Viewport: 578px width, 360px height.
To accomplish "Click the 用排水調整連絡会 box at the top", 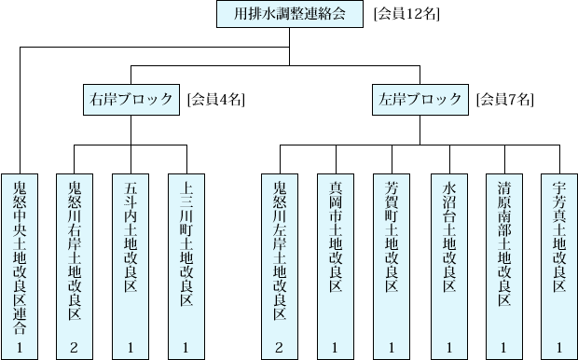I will (x=290, y=14).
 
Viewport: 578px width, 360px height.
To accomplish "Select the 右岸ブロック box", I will (x=131, y=98).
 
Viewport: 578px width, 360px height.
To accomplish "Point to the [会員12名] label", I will (x=406, y=14).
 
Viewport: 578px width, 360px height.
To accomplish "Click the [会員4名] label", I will (x=216, y=98).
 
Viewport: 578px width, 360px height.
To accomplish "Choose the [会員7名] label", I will (x=505, y=98).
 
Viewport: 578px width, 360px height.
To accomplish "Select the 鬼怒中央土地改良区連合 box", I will (x=20, y=252).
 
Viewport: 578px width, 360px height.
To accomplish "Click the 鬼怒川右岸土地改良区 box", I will (x=76, y=252).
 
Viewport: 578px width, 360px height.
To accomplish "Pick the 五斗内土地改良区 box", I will (x=131, y=252).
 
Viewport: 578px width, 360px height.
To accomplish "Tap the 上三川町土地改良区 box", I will (x=187, y=252).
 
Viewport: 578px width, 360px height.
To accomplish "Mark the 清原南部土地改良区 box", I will (x=504, y=252).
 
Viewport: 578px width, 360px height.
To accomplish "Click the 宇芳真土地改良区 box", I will (x=558, y=252).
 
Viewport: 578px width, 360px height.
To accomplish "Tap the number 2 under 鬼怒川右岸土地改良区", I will (x=76, y=347).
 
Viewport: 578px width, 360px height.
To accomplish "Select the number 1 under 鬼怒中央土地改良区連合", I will (x=20, y=347).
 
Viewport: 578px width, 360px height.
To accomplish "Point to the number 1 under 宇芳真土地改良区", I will (x=558, y=347).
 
